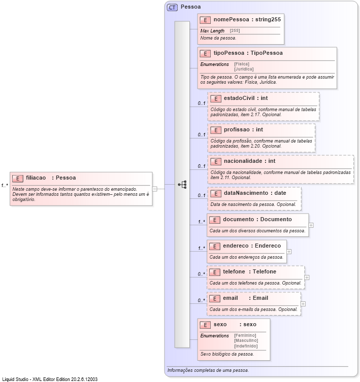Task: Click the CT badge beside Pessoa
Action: [x=172, y=8]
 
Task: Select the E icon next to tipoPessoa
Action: [x=205, y=53]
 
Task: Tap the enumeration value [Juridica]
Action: [x=244, y=69]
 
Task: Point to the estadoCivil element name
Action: [x=239, y=98]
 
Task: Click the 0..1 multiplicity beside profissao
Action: [x=202, y=135]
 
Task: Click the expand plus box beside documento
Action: [x=311, y=225]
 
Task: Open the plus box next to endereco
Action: [x=289, y=251]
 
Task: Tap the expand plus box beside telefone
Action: [x=307, y=277]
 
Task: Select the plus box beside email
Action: [x=303, y=304]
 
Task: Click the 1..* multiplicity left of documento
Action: [x=202, y=222]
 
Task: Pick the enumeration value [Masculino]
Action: [x=246, y=340]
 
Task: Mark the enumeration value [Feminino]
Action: [x=245, y=335]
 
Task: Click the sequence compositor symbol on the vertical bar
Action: [x=182, y=185]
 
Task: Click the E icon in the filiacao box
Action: [x=17, y=178]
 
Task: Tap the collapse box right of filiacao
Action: [x=155, y=189]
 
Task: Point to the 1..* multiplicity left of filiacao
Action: [x=5, y=185]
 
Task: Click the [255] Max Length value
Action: [x=235, y=31]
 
